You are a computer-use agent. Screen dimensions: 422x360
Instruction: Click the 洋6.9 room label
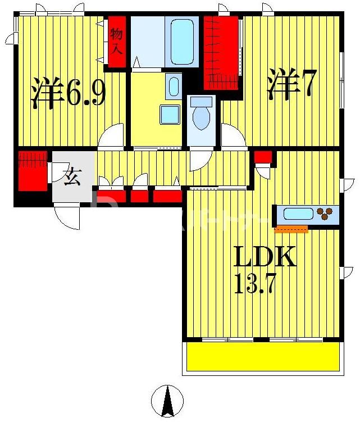[68, 93]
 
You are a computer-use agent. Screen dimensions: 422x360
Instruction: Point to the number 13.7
[254, 284]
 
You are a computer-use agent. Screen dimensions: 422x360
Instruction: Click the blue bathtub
[182, 42]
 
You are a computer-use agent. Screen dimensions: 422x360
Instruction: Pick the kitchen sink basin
[298, 214]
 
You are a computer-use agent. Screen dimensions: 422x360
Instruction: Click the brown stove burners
[325, 214]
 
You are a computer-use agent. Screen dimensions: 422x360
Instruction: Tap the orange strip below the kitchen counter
[291, 229]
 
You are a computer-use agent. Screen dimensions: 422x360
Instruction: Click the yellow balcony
[263, 357]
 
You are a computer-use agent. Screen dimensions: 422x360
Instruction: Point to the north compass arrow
[167, 401]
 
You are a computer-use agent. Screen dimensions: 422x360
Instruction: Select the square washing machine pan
[170, 115]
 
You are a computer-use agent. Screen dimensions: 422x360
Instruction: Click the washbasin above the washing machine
[174, 87]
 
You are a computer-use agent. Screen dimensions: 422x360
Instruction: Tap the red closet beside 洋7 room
[221, 52]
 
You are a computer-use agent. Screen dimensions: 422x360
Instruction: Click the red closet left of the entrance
[31, 170]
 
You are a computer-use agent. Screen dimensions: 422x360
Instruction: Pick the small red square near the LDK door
[263, 157]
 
